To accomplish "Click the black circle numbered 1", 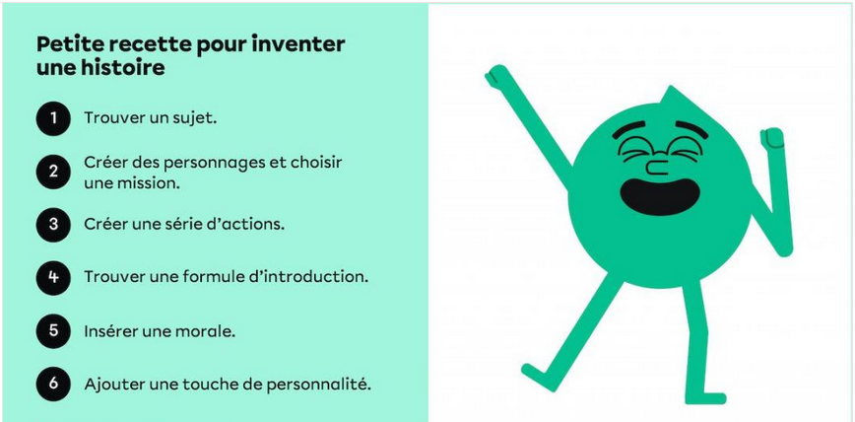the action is pos(53,118).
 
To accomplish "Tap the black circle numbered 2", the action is pos(53,172).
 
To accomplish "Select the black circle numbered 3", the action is pos(53,225).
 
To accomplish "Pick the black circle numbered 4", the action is pos(53,278).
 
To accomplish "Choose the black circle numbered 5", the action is pos(53,331).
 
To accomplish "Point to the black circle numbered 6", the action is pos(53,385).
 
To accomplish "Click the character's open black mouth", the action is pos(660,197).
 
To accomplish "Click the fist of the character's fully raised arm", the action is pos(496,75).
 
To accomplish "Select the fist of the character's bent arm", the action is pos(772,138).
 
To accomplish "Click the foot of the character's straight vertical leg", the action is pos(705,398).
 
